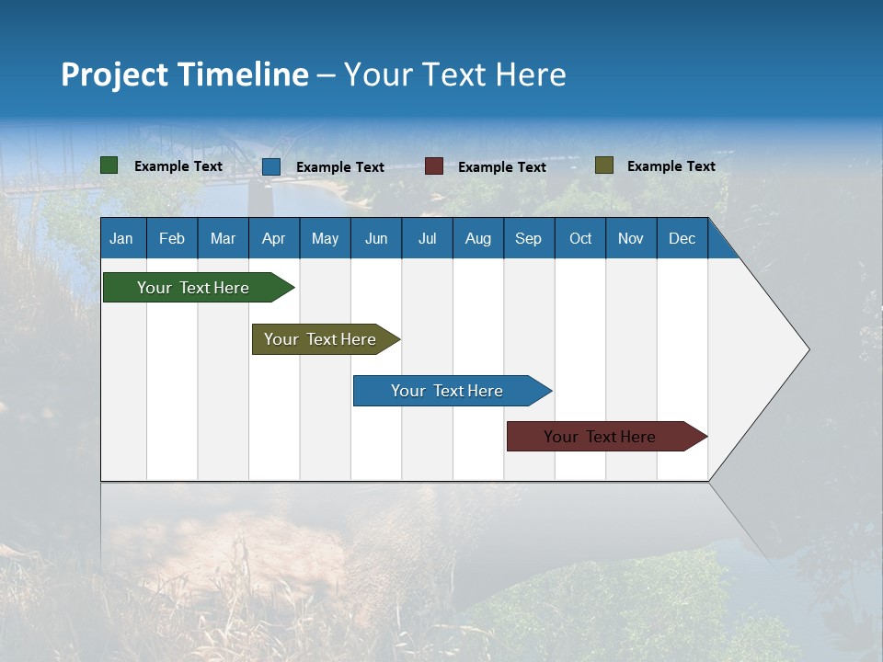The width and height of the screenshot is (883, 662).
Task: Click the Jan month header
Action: (121, 238)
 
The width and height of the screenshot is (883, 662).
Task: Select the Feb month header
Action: (172, 238)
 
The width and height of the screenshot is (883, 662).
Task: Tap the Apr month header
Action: (273, 238)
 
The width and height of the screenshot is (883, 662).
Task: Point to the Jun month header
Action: (376, 238)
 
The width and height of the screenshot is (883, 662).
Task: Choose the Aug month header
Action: (477, 238)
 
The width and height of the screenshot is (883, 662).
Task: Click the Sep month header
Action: (528, 238)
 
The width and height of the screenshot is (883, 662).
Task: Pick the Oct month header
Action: (580, 238)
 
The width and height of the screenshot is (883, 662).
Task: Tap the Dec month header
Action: (682, 238)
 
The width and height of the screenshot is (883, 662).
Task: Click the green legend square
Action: (109, 165)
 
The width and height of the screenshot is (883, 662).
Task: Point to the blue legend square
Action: (271, 166)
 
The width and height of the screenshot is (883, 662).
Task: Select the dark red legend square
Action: (434, 166)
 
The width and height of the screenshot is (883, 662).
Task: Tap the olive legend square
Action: (604, 165)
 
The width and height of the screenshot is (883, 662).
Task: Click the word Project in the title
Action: (114, 74)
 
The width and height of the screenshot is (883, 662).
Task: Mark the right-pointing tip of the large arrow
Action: (808, 349)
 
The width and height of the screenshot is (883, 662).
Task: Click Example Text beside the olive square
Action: (671, 166)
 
